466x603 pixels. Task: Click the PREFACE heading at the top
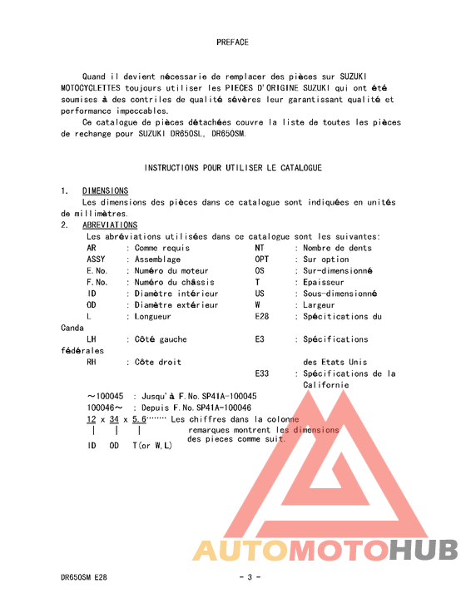[x=232, y=42]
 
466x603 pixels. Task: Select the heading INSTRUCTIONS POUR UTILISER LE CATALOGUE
[x=233, y=168]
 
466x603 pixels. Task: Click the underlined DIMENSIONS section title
[x=105, y=191]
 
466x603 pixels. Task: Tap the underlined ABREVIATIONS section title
[x=110, y=225]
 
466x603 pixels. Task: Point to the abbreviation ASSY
[x=97, y=259]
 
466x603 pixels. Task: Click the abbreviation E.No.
[x=97, y=271]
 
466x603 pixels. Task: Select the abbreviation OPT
[x=261, y=259]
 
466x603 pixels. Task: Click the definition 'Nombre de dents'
[x=337, y=248]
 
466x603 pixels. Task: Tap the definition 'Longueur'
[x=152, y=317]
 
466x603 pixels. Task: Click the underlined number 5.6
[x=139, y=419]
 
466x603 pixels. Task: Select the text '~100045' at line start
[x=105, y=397]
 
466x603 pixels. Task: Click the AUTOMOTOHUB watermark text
[x=325, y=550]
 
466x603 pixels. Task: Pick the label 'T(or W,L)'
[x=152, y=446]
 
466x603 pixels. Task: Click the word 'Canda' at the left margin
[x=72, y=329]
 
